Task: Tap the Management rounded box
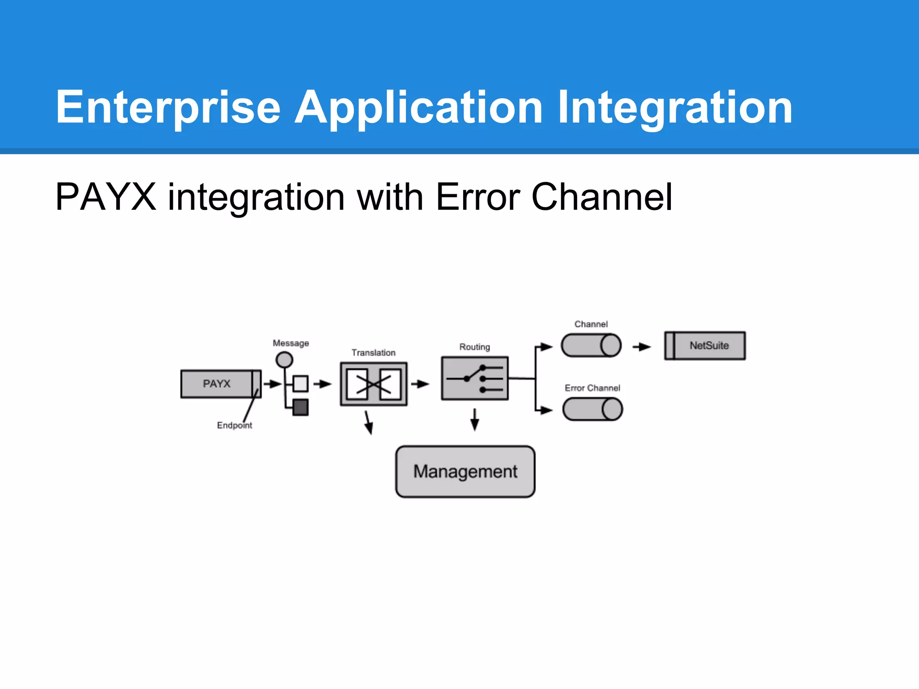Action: [x=465, y=471]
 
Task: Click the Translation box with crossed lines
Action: [x=373, y=384]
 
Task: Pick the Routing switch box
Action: [x=475, y=379]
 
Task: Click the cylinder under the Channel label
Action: [x=591, y=345]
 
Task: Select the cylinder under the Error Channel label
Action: [x=592, y=410]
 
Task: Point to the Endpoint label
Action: [x=234, y=425]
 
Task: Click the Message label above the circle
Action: [x=291, y=343]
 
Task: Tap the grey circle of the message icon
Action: [x=284, y=360]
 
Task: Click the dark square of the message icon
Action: [x=300, y=407]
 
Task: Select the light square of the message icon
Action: [x=300, y=384]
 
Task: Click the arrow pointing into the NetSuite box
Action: [x=642, y=347]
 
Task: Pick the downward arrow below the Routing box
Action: [x=475, y=420]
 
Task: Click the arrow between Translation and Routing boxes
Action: [x=420, y=384]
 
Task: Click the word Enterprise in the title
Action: [x=168, y=108]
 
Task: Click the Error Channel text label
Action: [x=592, y=388]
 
